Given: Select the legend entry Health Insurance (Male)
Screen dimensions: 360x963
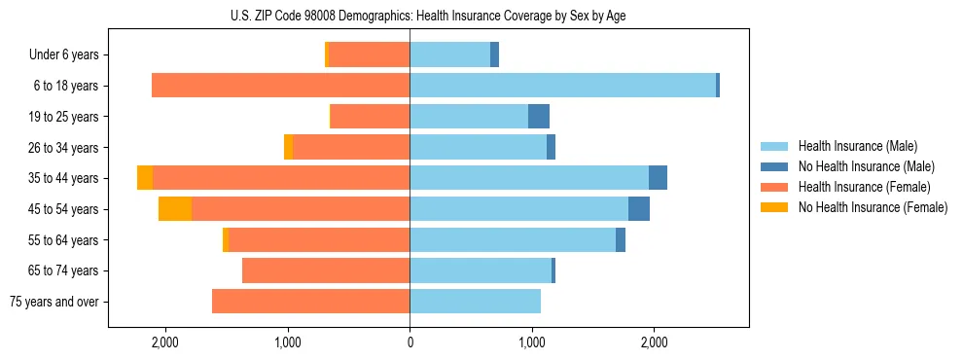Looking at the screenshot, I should [x=857, y=146].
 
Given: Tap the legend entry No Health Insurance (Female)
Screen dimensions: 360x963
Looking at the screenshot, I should [x=873, y=207].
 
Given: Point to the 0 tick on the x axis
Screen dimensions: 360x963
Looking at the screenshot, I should [x=410, y=342].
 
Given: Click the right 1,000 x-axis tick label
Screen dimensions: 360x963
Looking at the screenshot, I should [x=532, y=342].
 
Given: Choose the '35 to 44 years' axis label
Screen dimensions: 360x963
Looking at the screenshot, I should [x=64, y=178].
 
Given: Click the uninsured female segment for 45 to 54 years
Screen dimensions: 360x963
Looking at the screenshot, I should [x=175, y=209].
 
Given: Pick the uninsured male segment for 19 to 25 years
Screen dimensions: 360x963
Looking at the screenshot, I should [x=539, y=117].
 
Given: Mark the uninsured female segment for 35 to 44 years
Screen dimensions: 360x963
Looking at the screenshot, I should [x=145, y=178].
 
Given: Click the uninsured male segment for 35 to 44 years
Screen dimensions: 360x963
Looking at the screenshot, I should [x=658, y=178].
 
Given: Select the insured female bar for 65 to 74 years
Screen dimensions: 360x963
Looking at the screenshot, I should [x=326, y=270].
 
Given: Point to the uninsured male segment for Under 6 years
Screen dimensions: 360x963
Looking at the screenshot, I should [x=494, y=55].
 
